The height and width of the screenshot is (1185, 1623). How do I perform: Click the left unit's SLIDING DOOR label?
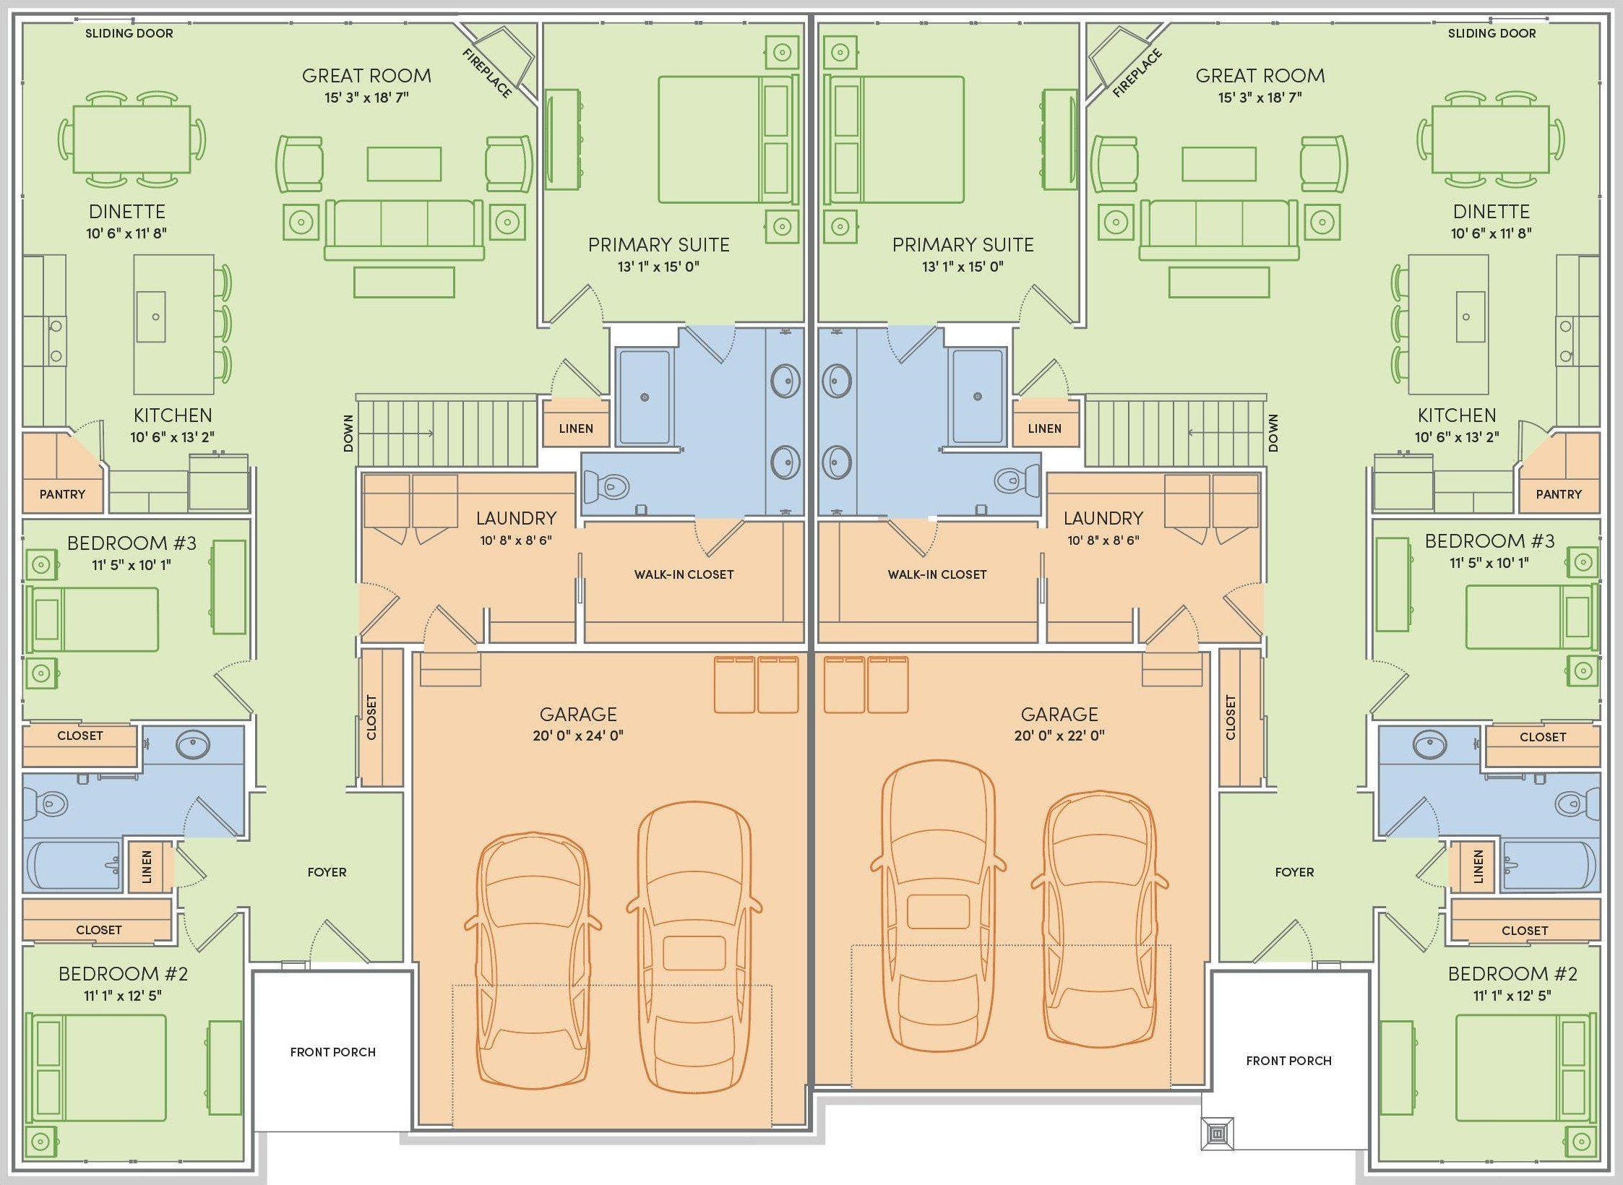click(x=129, y=33)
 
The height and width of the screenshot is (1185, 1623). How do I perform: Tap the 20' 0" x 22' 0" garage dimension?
click(x=1059, y=736)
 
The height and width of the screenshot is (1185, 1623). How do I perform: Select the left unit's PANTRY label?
click(x=62, y=494)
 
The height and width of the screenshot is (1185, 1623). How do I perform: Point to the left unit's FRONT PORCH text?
click(x=332, y=1052)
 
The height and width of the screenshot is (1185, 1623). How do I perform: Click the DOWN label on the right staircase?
click(x=1273, y=433)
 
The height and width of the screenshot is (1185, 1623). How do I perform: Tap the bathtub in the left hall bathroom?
click(x=72, y=865)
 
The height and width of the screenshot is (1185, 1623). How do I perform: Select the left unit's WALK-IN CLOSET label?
click(x=684, y=574)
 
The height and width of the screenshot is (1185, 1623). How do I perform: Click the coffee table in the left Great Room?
click(x=404, y=163)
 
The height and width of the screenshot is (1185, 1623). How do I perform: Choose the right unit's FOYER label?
click(x=1294, y=872)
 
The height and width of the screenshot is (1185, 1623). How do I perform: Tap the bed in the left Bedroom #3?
click(x=92, y=619)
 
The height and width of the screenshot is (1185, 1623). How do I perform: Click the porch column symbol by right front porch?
click(x=1218, y=1134)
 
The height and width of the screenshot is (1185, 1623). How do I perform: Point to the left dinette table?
click(x=132, y=139)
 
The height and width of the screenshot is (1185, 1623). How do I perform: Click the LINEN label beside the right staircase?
click(x=1044, y=428)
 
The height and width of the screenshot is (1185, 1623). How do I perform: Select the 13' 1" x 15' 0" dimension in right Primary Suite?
click(x=963, y=267)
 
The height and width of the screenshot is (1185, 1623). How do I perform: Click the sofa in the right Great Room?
click(x=1219, y=229)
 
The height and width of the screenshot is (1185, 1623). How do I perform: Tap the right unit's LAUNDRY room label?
click(x=1103, y=518)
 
